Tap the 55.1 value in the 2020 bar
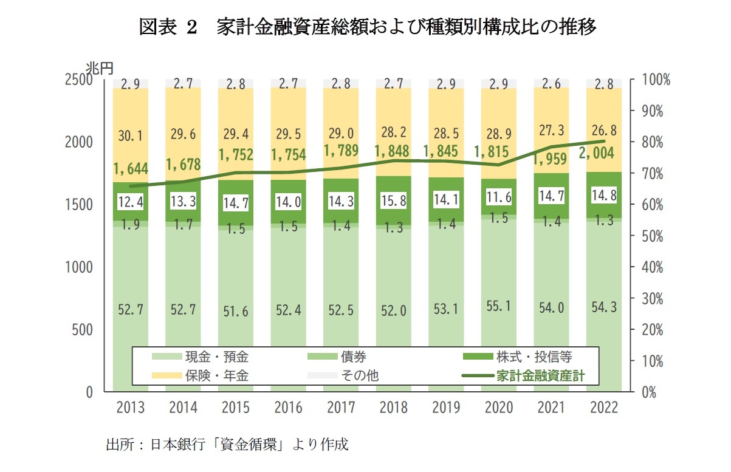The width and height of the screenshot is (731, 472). pyautogui.click(x=498, y=307)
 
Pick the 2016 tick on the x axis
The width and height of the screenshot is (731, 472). pyautogui.click(x=289, y=407)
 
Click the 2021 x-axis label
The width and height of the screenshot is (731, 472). pyautogui.click(x=551, y=407)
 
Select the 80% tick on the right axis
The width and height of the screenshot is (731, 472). pyautogui.click(x=653, y=143)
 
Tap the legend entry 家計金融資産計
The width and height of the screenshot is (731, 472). pyautogui.click(x=540, y=376)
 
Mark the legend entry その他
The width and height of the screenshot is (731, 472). pyautogui.click(x=359, y=376)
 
